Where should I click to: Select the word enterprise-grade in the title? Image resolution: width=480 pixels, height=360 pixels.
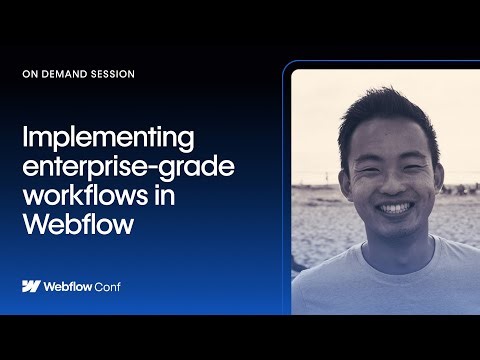click(128, 166)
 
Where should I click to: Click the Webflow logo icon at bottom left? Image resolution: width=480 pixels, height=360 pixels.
click(31, 286)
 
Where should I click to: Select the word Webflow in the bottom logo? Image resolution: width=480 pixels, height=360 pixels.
click(70, 286)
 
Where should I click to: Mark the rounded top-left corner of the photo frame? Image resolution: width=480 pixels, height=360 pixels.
click(292, 71)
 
